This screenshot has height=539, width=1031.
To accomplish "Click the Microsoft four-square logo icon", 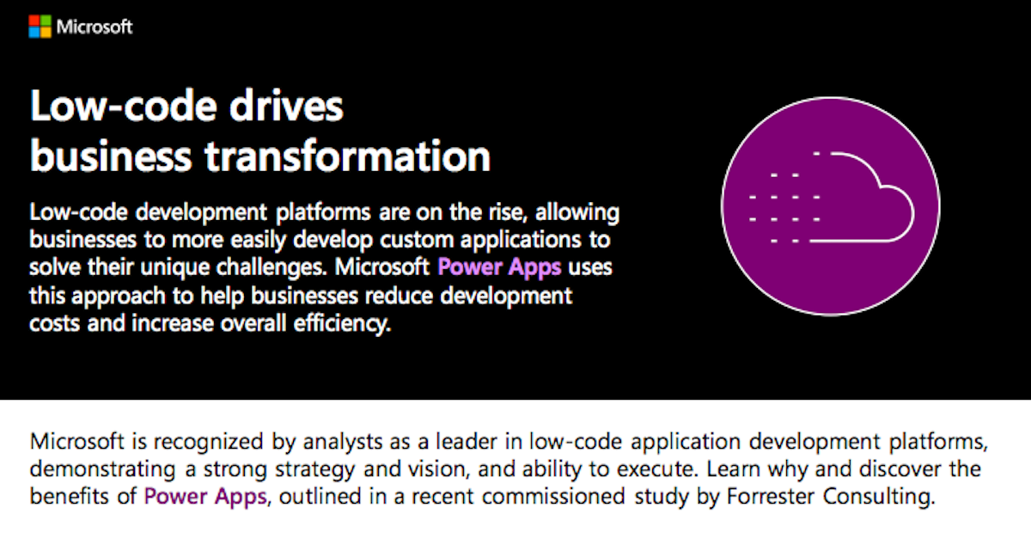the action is (x=40, y=27).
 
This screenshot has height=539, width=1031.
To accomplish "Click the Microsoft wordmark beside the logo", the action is (x=95, y=27).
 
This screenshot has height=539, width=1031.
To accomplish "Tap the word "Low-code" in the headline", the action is (x=123, y=107).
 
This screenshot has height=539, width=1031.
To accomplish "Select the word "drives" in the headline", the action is (x=286, y=107).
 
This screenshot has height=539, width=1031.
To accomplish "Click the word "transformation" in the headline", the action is (x=347, y=156).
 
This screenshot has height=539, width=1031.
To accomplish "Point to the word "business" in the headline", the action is (x=111, y=156).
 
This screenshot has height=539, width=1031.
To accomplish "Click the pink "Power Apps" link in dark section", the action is (x=499, y=267).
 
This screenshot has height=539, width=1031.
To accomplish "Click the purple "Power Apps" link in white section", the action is (x=205, y=497).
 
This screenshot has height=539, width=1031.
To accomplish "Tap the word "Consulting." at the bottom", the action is (x=879, y=497).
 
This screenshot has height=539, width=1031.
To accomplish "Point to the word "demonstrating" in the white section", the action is (x=102, y=469).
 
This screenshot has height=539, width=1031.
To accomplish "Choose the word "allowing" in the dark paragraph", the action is (x=577, y=212).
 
